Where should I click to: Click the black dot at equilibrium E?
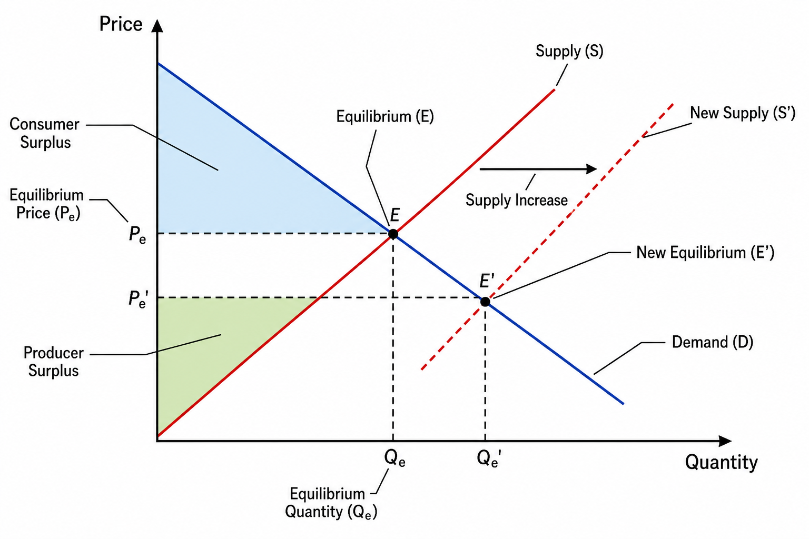pyautogui.click(x=393, y=234)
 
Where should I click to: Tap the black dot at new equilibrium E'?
pyautogui.click(x=485, y=302)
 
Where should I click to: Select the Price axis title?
pyautogui.click(x=121, y=24)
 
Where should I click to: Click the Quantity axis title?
pyautogui.click(x=721, y=463)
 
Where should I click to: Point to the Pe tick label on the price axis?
pyautogui.click(x=137, y=235)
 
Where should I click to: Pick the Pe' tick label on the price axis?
pyautogui.click(x=139, y=300)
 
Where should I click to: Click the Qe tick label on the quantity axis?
pyautogui.click(x=394, y=458)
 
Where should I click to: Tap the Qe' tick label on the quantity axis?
pyautogui.click(x=489, y=459)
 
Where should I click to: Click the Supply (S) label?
pyautogui.click(x=569, y=51)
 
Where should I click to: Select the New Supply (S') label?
pyautogui.click(x=743, y=113)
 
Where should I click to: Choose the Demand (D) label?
pyautogui.click(x=713, y=342)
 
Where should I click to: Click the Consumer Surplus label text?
pyautogui.click(x=44, y=133)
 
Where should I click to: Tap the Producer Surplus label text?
pyautogui.click(x=53, y=362)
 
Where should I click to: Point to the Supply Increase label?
pyautogui.click(x=517, y=200)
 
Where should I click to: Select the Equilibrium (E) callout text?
pyautogui.click(x=385, y=117)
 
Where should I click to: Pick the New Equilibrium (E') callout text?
pyautogui.click(x=705, y=252)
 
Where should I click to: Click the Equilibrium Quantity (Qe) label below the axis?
pyautogui.click(x=331, y=503)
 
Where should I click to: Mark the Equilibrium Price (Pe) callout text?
pyautogui.click(x=46, y=204)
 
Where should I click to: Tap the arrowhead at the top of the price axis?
pyautogui.click(x=157, y=26)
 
